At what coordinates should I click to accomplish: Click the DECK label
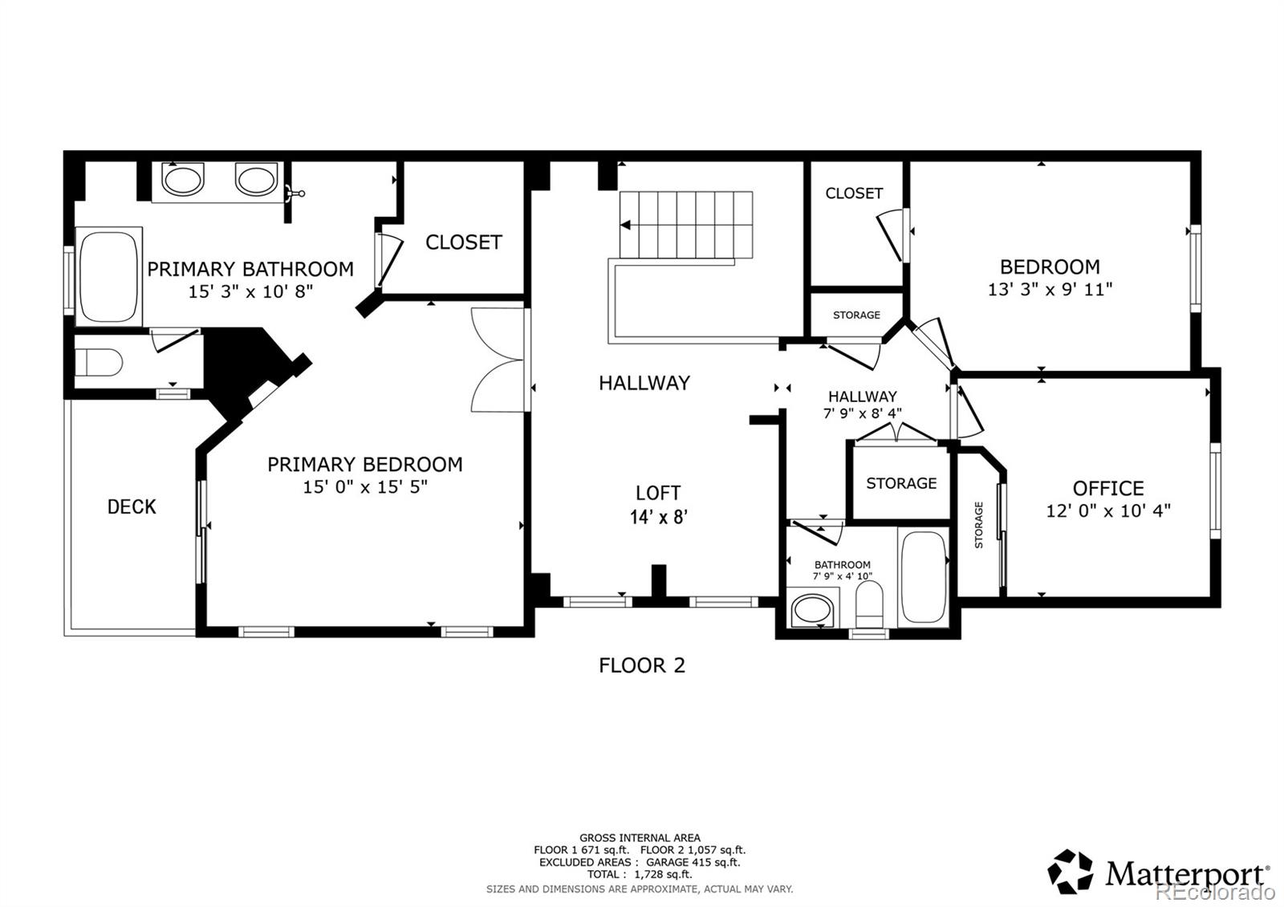click(x=132, y=506)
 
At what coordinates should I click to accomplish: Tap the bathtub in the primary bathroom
click(x=108, y=277)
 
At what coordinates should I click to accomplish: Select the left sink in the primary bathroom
click(x=184, y=178)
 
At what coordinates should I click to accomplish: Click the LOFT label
click(x=658, y=493)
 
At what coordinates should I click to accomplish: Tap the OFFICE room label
click(x=1108, y=488)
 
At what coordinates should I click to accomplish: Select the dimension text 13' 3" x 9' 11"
click(x=1050, y=289)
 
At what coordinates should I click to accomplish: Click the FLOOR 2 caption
click(x=642, y=665)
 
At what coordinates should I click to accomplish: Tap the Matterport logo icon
click(x=1070, y=871)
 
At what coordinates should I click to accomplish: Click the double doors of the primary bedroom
click(x=498, y=360)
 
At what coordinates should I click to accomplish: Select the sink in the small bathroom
click(x=812, y=611)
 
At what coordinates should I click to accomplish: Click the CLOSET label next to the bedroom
click(x=854, y=193)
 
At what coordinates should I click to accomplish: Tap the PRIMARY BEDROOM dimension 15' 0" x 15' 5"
click(x=365, y=486)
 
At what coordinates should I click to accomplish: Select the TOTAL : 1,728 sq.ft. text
click(x=640, y=874)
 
